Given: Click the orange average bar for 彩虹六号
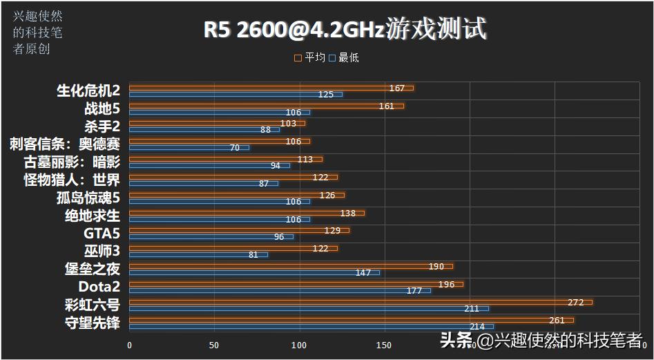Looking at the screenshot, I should (359, 302).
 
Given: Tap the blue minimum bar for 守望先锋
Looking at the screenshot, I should (311, 326).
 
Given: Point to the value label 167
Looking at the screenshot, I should (396, 88).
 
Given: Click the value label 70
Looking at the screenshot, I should (235, 148).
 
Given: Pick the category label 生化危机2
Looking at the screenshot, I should (88, 91).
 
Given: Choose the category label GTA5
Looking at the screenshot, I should (102, 234).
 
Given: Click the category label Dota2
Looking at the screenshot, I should (99, 287).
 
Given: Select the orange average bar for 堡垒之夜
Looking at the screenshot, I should (290, 266).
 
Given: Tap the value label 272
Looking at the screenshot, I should (575, 302).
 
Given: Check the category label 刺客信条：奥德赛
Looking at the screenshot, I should (65, 144).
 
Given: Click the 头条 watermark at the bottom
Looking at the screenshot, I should (456, 340).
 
